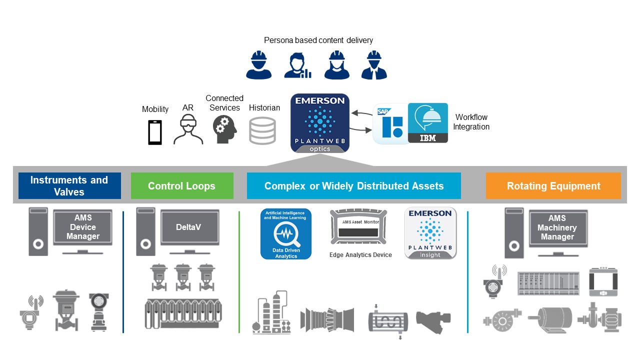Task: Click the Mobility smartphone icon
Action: pyautogui.click(x=155, y=132)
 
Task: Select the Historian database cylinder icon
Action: pyautogui.click(x=262, y=130)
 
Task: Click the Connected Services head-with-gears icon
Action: pyautogui.click(x=224, y=129)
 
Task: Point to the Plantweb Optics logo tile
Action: pyautogui.click(x=320, y=123)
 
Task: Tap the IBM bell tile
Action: pyautogui.click(x=428, y=123)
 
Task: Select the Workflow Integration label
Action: pyautogui.click(x=471, y=122)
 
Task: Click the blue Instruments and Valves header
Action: pyautogui.click(x=69, y=186)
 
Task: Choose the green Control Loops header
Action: pyautogui.click(x=182, y=186)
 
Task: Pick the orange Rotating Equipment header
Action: pyautogui.click(x=553, y=186)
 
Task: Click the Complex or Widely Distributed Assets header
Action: pyautogui.click(x=354, y=186)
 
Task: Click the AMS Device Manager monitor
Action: pyautogui.click(x=83, y=227)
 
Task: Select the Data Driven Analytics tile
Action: pyautogui.click(x=285, y=234)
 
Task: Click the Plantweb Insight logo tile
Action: pyautogui.click(x=430, y=233)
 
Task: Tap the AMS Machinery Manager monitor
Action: pyautogui.click(x=557, y=227)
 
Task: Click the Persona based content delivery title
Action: pyautogui.click(x=318, y=40)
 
